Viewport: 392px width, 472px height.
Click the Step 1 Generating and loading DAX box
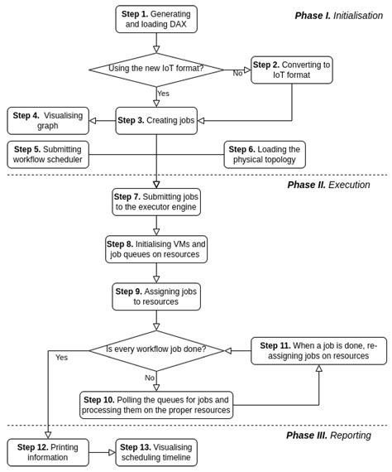coord(156,19)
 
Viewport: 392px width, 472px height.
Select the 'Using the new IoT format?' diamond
coord(156,70)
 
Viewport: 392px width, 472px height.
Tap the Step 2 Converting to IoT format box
coord(291,70)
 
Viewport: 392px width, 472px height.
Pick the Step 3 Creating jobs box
coord(156,121)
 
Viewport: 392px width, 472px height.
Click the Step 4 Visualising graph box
coord(48,121)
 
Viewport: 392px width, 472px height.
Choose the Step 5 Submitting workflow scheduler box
coord(48,155)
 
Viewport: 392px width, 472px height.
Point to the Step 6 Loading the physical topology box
coord(265,155)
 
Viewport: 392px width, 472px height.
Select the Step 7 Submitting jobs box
coord(156,202)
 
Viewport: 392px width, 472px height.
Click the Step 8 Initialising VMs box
coord(156,249)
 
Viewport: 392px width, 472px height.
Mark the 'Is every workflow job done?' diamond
coord(156,350)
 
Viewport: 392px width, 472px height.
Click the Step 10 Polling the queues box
coord(156,405)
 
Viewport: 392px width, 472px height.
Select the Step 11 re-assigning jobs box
coord(318,350)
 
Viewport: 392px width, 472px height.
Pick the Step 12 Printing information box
coord(48,452)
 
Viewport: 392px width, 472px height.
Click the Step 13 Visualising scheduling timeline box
coord(156,452)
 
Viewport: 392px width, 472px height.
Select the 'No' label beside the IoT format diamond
coord(237,74)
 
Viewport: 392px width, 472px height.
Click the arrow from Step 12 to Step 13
coord(102,452)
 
